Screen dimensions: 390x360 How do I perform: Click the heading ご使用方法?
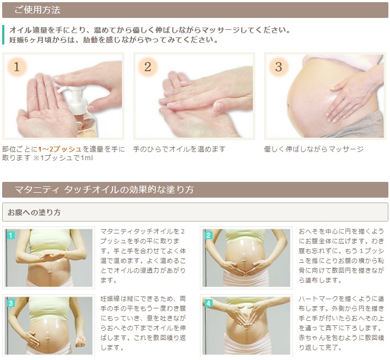(x=37, y=10)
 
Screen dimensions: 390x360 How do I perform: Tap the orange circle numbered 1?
(x=17, y=67)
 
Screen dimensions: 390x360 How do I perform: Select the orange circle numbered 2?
(x=148, y=67)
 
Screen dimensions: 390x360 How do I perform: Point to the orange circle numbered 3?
(x=279, y=67)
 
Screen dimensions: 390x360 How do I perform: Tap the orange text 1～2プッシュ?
(x=60, y=149)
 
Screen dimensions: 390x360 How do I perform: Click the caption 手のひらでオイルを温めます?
(x=179, y=149)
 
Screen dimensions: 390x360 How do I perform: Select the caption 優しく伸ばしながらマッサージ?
(x=313, y=149)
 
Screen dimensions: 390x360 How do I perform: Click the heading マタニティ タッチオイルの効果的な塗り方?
(x=104, y=190)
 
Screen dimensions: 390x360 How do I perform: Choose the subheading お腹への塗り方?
(x=34, y=212)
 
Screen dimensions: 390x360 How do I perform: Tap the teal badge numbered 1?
(x=11, y=235)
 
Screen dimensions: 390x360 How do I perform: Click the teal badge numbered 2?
(x=209, y=235)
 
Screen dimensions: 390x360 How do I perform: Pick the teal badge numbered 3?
(x=11, y=303)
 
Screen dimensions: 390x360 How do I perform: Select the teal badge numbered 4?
(x=209, y=303)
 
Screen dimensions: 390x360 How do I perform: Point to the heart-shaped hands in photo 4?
(x=246, y=314)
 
